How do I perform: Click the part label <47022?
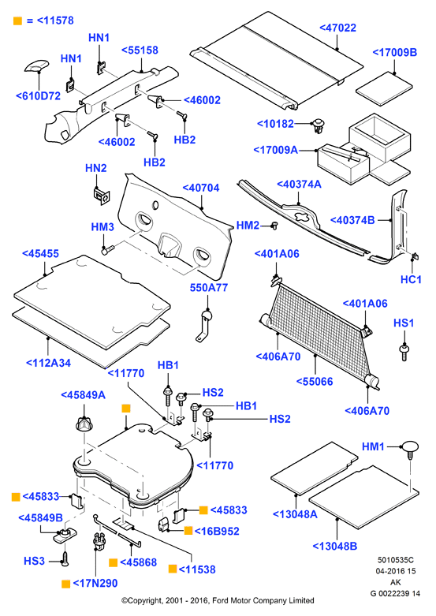pyautogui.click(x=337, y=28)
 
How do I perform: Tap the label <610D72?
pyautogui.click(x=38, y=96)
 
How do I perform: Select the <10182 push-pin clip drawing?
pyautogui.click(x=318, y=125)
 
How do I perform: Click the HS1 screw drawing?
pyautogui.click(x=404, y=352)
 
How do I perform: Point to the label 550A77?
pyautogui.click(x=209, y=288)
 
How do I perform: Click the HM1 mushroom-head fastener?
pyautogui.click(x=409, y=450)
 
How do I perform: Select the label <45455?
pyautogui.click(x=40, y=253)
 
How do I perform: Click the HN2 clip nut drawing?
pyautogui.click(x=102, y=196)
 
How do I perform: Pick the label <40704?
pyautogui.click(x=201, y=188)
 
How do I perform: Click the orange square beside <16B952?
pyautogui.click(x=188, y=531)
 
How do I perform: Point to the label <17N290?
pyautogui.click(x=95, y=583)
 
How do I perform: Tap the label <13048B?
pyautogui.click(x=334, y=546)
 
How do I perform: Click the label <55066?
pyautogui.click(x=315, y=382)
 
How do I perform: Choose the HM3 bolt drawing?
pyautogui.click(x=108, y=249)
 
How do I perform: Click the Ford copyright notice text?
pyautogui.click(x=218, y=601)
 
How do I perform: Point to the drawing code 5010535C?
pyautogui.click(x=396, y=560)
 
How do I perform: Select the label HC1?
pyautogui.click(x=411, y=279)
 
